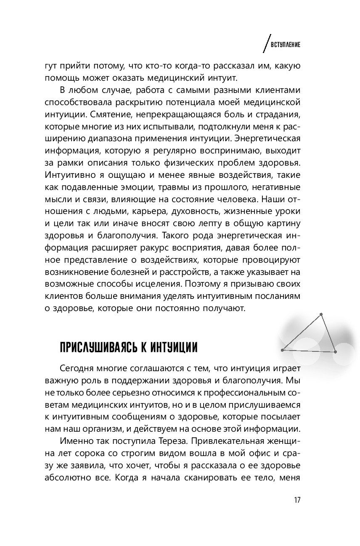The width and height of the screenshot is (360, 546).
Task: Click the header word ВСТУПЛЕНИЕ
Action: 286,45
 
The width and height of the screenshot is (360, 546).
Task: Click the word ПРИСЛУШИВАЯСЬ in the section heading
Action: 97,348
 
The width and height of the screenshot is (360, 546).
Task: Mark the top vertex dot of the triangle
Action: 321,314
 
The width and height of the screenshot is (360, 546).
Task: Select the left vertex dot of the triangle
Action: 282,350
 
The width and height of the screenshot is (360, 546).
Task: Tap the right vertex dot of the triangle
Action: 335,351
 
